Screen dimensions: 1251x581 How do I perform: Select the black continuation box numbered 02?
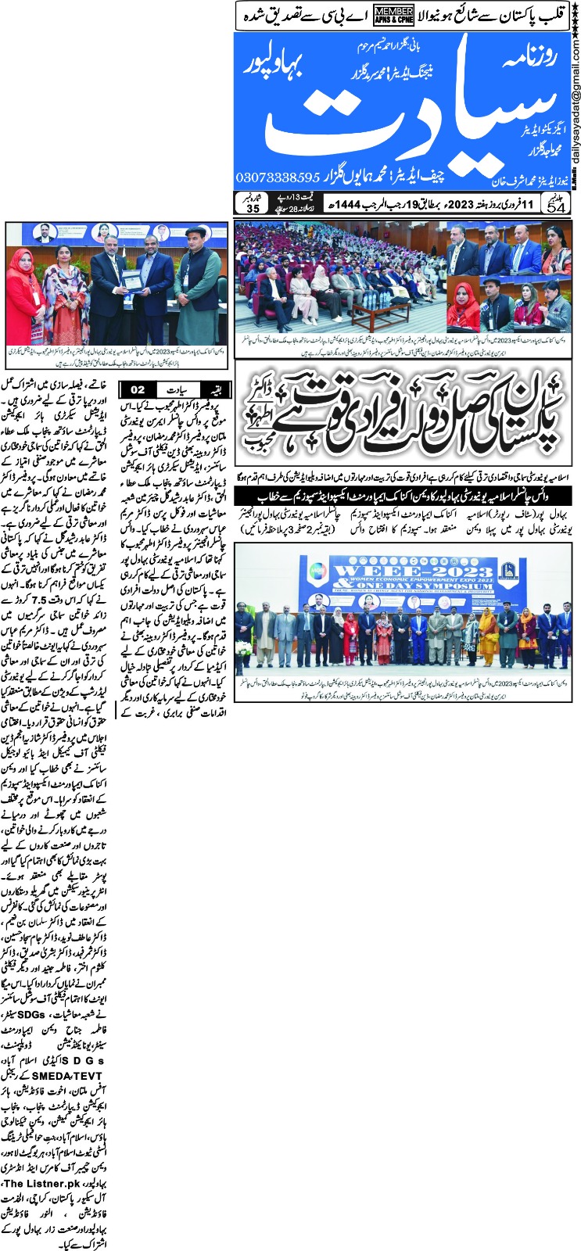[x=137, y=389]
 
